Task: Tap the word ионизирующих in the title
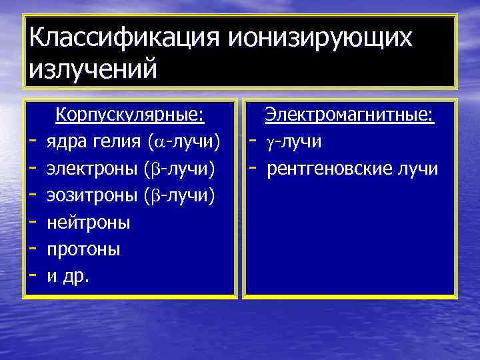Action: pyautogui.click(x=321, y=38)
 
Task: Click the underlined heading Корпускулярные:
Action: pyautogui.click(x=129, y=115)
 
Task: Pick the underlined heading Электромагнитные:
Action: pyautogui.click(x=350, y=115)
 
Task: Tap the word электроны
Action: pyautogui.click(x=93, y=169)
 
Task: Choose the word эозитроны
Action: pyautogui.click(x=93, y=196)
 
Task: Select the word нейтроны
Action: pyautogui.click(x=89, y=223)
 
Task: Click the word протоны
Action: pyautogui.click(x=83, y=249)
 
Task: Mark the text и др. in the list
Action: pyautogui.click(x=67, y=276)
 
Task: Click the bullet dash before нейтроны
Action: pyautogui.click(x=32, y=223)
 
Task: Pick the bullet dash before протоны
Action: pyautogui.click(x=32, y=249)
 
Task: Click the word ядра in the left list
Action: pyautogui.click(x=65, y=143)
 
